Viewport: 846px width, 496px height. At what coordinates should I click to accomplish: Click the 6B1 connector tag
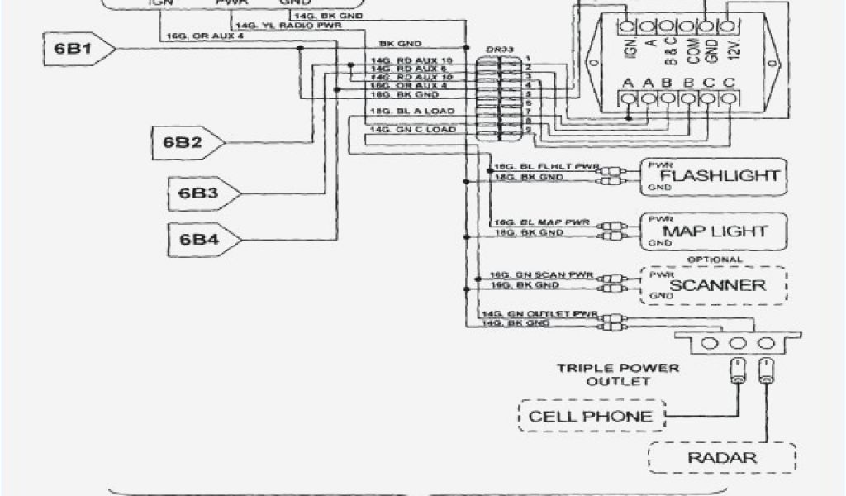coord(73,50)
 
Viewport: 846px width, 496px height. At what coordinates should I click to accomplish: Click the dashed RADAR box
coord(722,457)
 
